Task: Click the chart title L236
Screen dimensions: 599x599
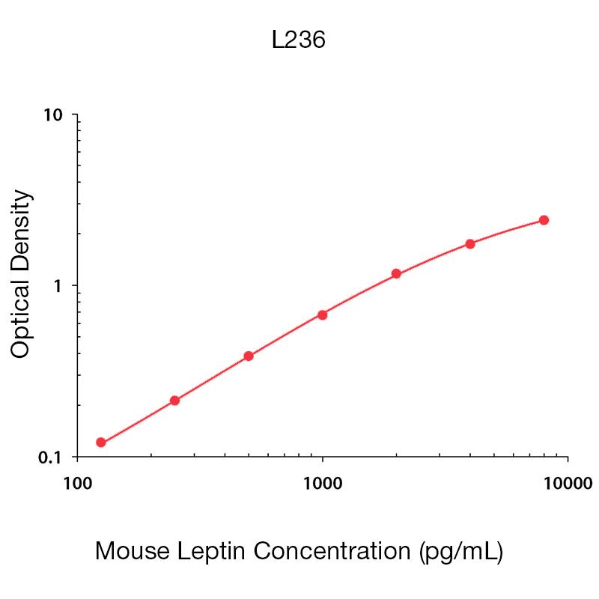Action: (298, 40)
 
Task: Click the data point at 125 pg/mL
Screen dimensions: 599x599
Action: (101, 443)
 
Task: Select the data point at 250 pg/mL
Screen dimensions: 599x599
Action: (174, 401)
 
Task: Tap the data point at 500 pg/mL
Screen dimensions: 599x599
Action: (249, 356)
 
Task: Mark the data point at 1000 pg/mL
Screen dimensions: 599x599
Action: (322, 314)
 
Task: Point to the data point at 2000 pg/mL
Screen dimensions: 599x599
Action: (396, 274)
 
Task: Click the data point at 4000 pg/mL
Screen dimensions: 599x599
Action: (470, 243)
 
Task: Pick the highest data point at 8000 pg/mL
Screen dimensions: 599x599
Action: (544, 220)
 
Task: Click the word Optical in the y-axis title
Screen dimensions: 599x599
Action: (22, 317)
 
